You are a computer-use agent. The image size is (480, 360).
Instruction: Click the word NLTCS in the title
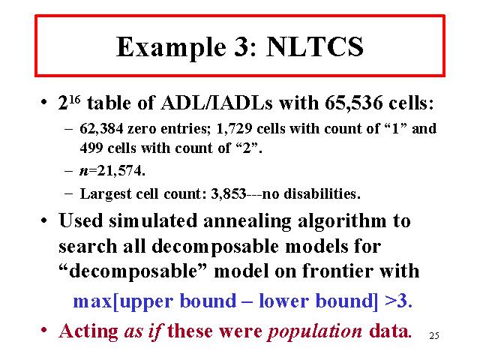click(315, 46)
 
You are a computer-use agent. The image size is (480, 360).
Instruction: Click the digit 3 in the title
click(241, 46)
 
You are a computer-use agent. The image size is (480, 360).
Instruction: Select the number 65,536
click(353, 103)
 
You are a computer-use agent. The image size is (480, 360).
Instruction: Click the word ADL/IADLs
click(217, 103)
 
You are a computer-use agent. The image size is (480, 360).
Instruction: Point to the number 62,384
click(101, 128)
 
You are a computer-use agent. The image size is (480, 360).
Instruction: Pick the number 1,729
click(234, 128)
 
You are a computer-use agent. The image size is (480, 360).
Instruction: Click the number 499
click(91, 148)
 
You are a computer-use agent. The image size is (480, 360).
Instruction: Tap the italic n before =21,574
click(84, 171)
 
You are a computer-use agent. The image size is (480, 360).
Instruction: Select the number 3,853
click(228, 193)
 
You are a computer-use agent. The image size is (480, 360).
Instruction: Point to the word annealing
click(247, 221)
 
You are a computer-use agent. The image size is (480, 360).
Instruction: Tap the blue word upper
click(147, 302)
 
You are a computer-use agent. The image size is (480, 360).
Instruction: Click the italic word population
click(315, 332)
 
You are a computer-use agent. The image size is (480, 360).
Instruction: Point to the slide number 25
click(434, 336)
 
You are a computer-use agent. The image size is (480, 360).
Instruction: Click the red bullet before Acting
click(43, 331)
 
